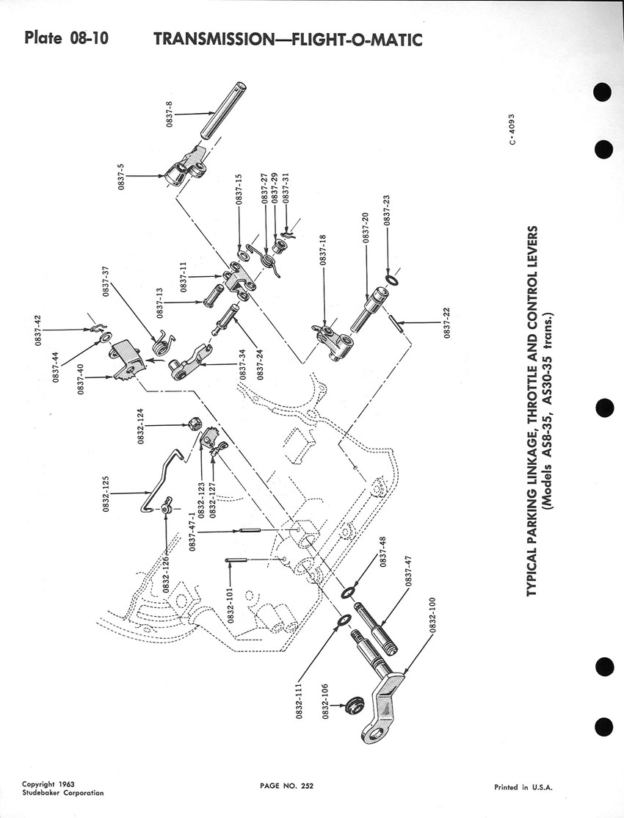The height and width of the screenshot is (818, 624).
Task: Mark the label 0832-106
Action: (324, 708)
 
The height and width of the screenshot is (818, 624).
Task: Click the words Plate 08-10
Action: (66, 37)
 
